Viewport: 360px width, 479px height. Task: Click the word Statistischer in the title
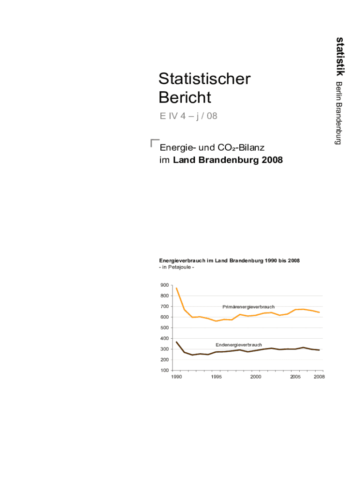pos(204,79)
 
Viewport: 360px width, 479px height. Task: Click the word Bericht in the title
pos(185,98)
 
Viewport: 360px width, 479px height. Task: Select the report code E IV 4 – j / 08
pos(188,116)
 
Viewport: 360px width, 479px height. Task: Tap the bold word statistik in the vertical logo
pos(340,56)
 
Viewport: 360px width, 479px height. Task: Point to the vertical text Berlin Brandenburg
pos(338,113)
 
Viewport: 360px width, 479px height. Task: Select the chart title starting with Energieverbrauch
pos(229,261)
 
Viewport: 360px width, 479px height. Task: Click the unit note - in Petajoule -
pos(177,267)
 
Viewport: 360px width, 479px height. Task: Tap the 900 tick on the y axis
pos(164,285)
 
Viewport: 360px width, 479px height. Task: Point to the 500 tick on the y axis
pos(164,328)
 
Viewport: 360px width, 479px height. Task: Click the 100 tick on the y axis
pos(164,370)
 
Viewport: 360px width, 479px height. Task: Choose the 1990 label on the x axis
pos(176,377)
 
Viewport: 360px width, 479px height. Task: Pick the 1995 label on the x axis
pos(216,377)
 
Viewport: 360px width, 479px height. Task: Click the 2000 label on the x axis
pos(255,377)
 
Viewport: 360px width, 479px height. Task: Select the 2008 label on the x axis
pos(319,377)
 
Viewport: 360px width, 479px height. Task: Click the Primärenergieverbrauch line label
pos(248,307)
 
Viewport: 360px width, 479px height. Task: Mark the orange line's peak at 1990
pos(176,288)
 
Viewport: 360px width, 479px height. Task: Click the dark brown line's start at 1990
pos(176,342)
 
